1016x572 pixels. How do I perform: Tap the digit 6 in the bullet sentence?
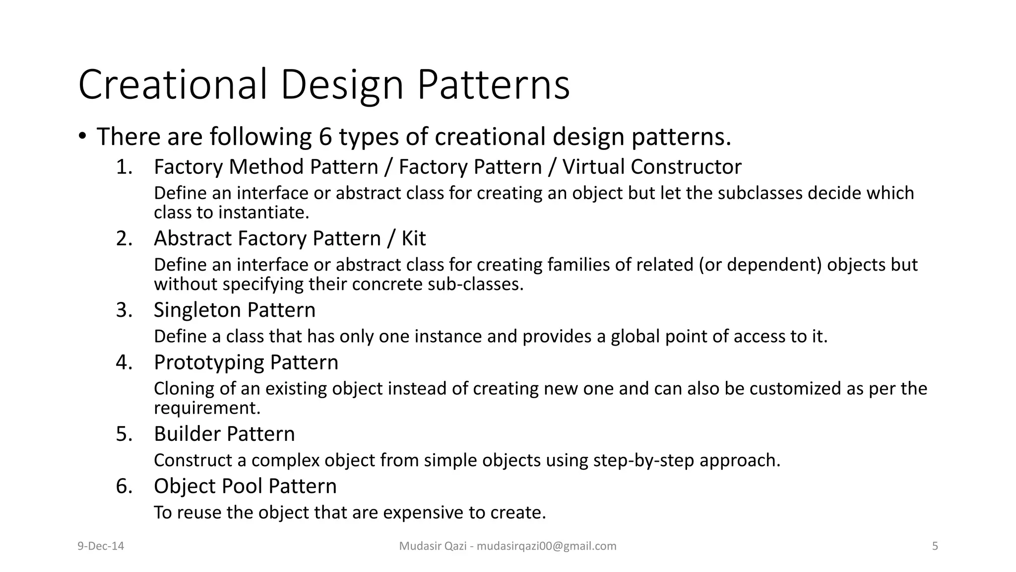tap(325, 137)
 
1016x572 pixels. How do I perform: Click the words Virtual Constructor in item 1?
tap(651, 167)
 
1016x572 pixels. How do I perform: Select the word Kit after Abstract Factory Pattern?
tap(413, 239)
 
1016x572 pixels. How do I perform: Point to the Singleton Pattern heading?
tap(234, 310)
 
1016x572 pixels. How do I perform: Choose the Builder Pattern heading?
tap(224, 434)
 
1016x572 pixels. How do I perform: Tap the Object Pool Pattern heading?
tap(245, 486)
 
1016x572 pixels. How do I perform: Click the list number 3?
tap(124, 310)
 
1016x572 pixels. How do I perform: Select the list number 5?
tap(124, 434)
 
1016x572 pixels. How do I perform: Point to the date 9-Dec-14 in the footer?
tap(101, 546)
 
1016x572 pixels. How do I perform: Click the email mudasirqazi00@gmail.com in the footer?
tap(546, 546)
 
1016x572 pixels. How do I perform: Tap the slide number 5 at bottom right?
tap(935, 546)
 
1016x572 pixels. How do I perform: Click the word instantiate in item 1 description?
tap(263, 213)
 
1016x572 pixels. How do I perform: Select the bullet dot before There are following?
tap(83, 137)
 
